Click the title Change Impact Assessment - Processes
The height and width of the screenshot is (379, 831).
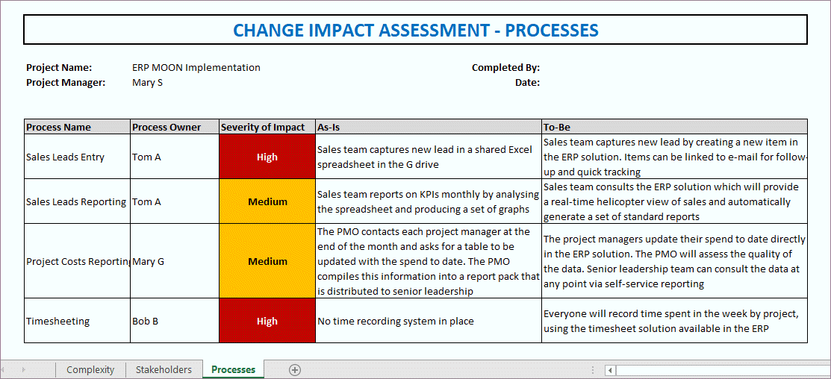[415, 30]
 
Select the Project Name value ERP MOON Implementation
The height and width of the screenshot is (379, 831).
[196, 68]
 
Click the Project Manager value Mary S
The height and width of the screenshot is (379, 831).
[147, 83]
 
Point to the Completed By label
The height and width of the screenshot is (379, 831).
[505, 68]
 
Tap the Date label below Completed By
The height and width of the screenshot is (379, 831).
[527, 83]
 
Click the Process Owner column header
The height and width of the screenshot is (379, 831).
[166, 127]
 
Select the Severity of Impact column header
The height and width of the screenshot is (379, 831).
[263, 127]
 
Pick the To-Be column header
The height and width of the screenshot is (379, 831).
[557, 127]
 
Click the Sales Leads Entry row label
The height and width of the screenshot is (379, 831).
[65, 157]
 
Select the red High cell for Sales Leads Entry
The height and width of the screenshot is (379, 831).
[267, 157]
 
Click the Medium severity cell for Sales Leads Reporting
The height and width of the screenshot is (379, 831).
[267, 201]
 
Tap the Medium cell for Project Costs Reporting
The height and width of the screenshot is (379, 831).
[267, 262]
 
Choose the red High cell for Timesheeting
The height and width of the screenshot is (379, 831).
[267, 322]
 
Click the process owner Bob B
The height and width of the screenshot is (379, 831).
[146, 322]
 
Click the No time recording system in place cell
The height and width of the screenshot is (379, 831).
[396, 322]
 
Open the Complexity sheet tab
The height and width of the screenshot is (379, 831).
[90, 370]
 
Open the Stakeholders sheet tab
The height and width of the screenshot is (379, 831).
[163, 370]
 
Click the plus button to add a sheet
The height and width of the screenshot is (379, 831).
[295, 370]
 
